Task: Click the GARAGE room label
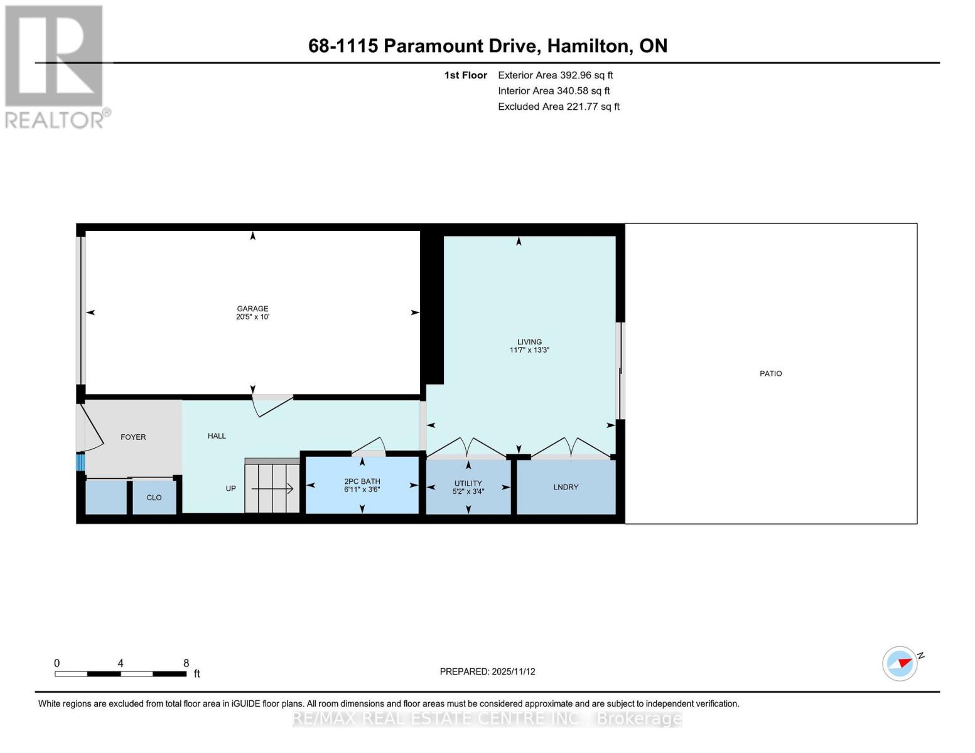[x=252, y=308]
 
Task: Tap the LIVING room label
[x=529, y=342]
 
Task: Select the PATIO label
[x=770, y=373]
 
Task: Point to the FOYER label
[x=133, y=437]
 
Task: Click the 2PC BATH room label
[x=362, y=481]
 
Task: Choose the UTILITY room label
[x=468, y=483]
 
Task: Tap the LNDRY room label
[x=566, y=487]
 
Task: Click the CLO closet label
[x=154, y=498]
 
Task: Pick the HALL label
[x=217, y=435]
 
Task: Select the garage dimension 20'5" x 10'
[x=252, y=317]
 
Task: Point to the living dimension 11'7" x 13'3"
[x=529, y=350]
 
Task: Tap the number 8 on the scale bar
[x=186, y=663]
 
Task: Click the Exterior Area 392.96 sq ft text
[x=555, y=75]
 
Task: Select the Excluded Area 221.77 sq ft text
[x=558, y=107]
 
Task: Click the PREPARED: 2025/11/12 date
[x=487, y=671]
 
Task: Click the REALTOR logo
[x=55, y=66]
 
